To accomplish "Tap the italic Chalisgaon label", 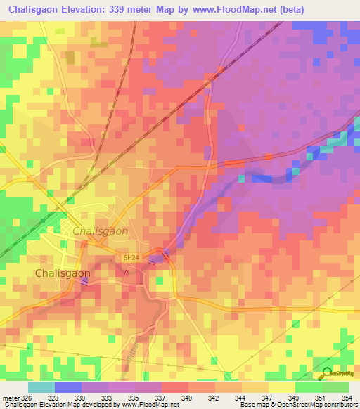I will click(100, 231).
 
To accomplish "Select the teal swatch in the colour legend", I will click(41, 387).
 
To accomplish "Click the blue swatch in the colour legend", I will click(68, 387).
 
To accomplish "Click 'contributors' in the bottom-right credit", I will click(341, 405).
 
